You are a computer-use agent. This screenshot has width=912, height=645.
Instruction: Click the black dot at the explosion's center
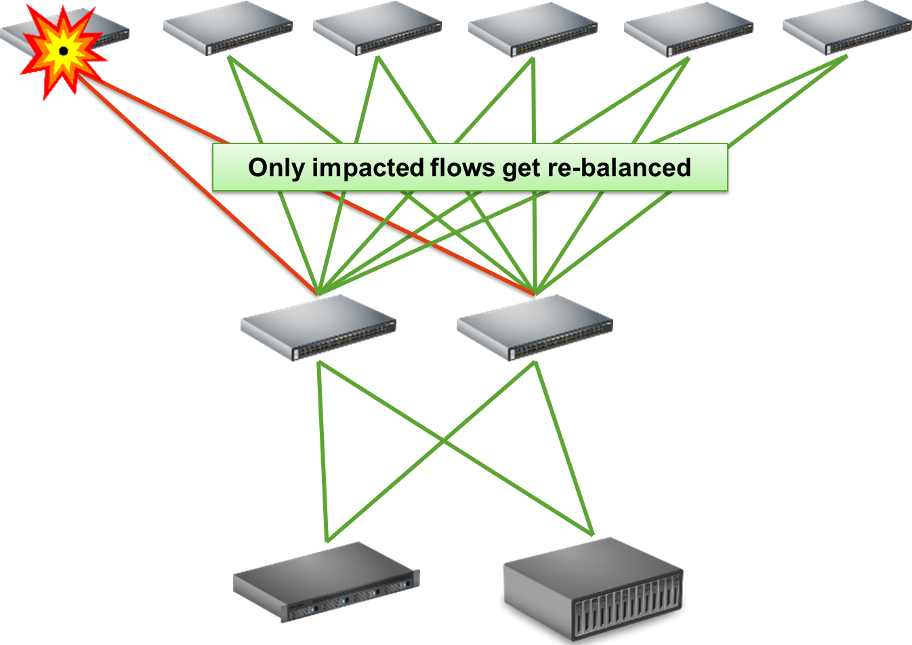pyautogui.click(x=63, y=51)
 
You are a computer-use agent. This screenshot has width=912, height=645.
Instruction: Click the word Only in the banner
pyautogui.click(x=276, y=167)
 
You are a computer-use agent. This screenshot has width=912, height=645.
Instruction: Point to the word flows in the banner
pyautogui.click(x=463, y=167)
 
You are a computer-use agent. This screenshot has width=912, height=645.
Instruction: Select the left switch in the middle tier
pyautogui.click(x=318, y=328)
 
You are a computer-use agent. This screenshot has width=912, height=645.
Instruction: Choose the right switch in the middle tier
pyautogui.click(x=535, y=328)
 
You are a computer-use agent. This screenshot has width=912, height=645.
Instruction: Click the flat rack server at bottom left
pyautogui.click(x=326, y=582)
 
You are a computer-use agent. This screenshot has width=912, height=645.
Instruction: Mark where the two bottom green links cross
pyautogui.click(x=444, y=441)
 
